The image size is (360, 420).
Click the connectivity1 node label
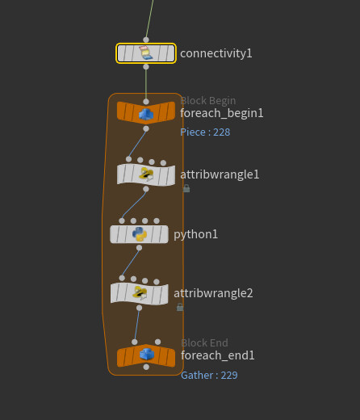(x=216, y=53)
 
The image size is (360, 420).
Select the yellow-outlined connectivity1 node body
(x=146, y=53)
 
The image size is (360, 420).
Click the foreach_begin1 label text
(x=222, y=113)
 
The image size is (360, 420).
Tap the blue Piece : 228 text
(x=205, y=132)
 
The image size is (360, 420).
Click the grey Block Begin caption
(x=208, y=101)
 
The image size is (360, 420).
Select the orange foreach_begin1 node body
(x=146, y=113)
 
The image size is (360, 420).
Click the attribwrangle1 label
(x=220, y=174)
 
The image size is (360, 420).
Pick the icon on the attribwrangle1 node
(x=146, y=174)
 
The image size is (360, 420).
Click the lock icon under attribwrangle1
(x=186, y=188)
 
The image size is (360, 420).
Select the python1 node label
(x=195, y=234)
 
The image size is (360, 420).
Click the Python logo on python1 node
(x=140, y=234)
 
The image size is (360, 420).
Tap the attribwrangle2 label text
(x=213, y=293)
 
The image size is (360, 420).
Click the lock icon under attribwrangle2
(x=180, y=307)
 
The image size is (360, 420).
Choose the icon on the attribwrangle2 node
(x=140, y=293)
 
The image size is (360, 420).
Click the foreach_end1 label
(x=218, y=355)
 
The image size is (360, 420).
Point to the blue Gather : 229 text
(x=209, y=376)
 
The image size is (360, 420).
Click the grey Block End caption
(x=204, y=343)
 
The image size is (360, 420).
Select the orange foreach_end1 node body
(x=146, y=355)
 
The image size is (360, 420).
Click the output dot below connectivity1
(x=146, y=67)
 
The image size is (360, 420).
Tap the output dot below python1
(x=139, y=248)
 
